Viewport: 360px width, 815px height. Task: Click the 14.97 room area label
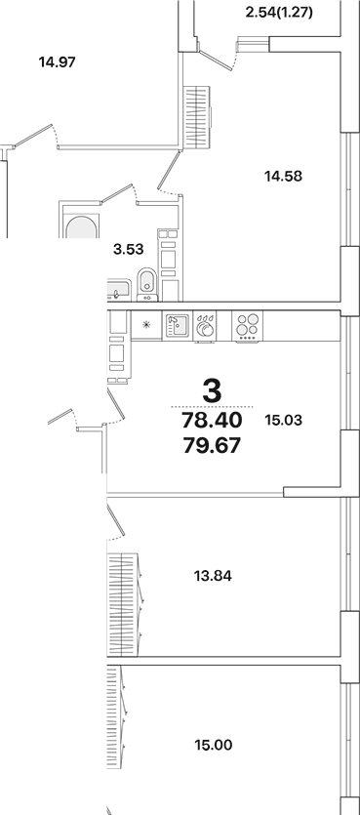pyautogui.click(x=58, y=62)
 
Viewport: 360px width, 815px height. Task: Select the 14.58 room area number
pyautogui.click(x=283, y=177)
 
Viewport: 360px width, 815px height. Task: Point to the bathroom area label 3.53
pyautogui.click(x=129, y=249)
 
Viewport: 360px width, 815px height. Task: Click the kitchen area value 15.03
pyautogui.click(x=284, y=420)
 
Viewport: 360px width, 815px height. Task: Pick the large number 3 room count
pyautogui.click(x=211, y=389)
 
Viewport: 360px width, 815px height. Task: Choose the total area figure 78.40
pyautogui.click(x=211, y=421)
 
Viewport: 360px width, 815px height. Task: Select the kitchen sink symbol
pyautogui.click(x=177, y=325)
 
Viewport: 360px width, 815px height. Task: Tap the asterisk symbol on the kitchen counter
pyautogui.click(x=147, y=325)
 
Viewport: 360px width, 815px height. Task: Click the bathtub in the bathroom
pyautogui.click(x=79, y=224)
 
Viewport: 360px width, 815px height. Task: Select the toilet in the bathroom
pyautogui.click(x=145, y=283)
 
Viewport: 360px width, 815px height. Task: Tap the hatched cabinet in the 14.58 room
pyautogui.click(x=197, y=116)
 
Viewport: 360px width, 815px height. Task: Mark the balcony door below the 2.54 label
pyautogui.click(x=231, y=53)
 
